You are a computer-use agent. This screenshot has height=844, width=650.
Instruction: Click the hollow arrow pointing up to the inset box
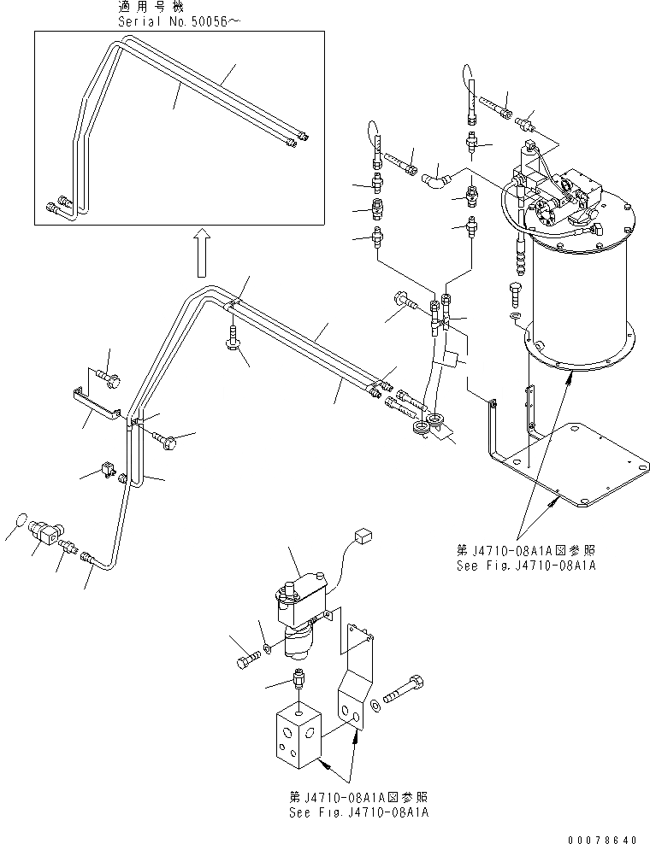198,252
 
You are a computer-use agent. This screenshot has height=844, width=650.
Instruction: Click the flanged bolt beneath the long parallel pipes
233,338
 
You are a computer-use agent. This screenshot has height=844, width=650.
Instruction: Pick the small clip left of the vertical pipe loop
108,468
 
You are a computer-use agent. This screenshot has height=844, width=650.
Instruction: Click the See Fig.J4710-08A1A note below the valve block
358,812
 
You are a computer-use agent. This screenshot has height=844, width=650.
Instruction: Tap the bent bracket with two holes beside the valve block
357,683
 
